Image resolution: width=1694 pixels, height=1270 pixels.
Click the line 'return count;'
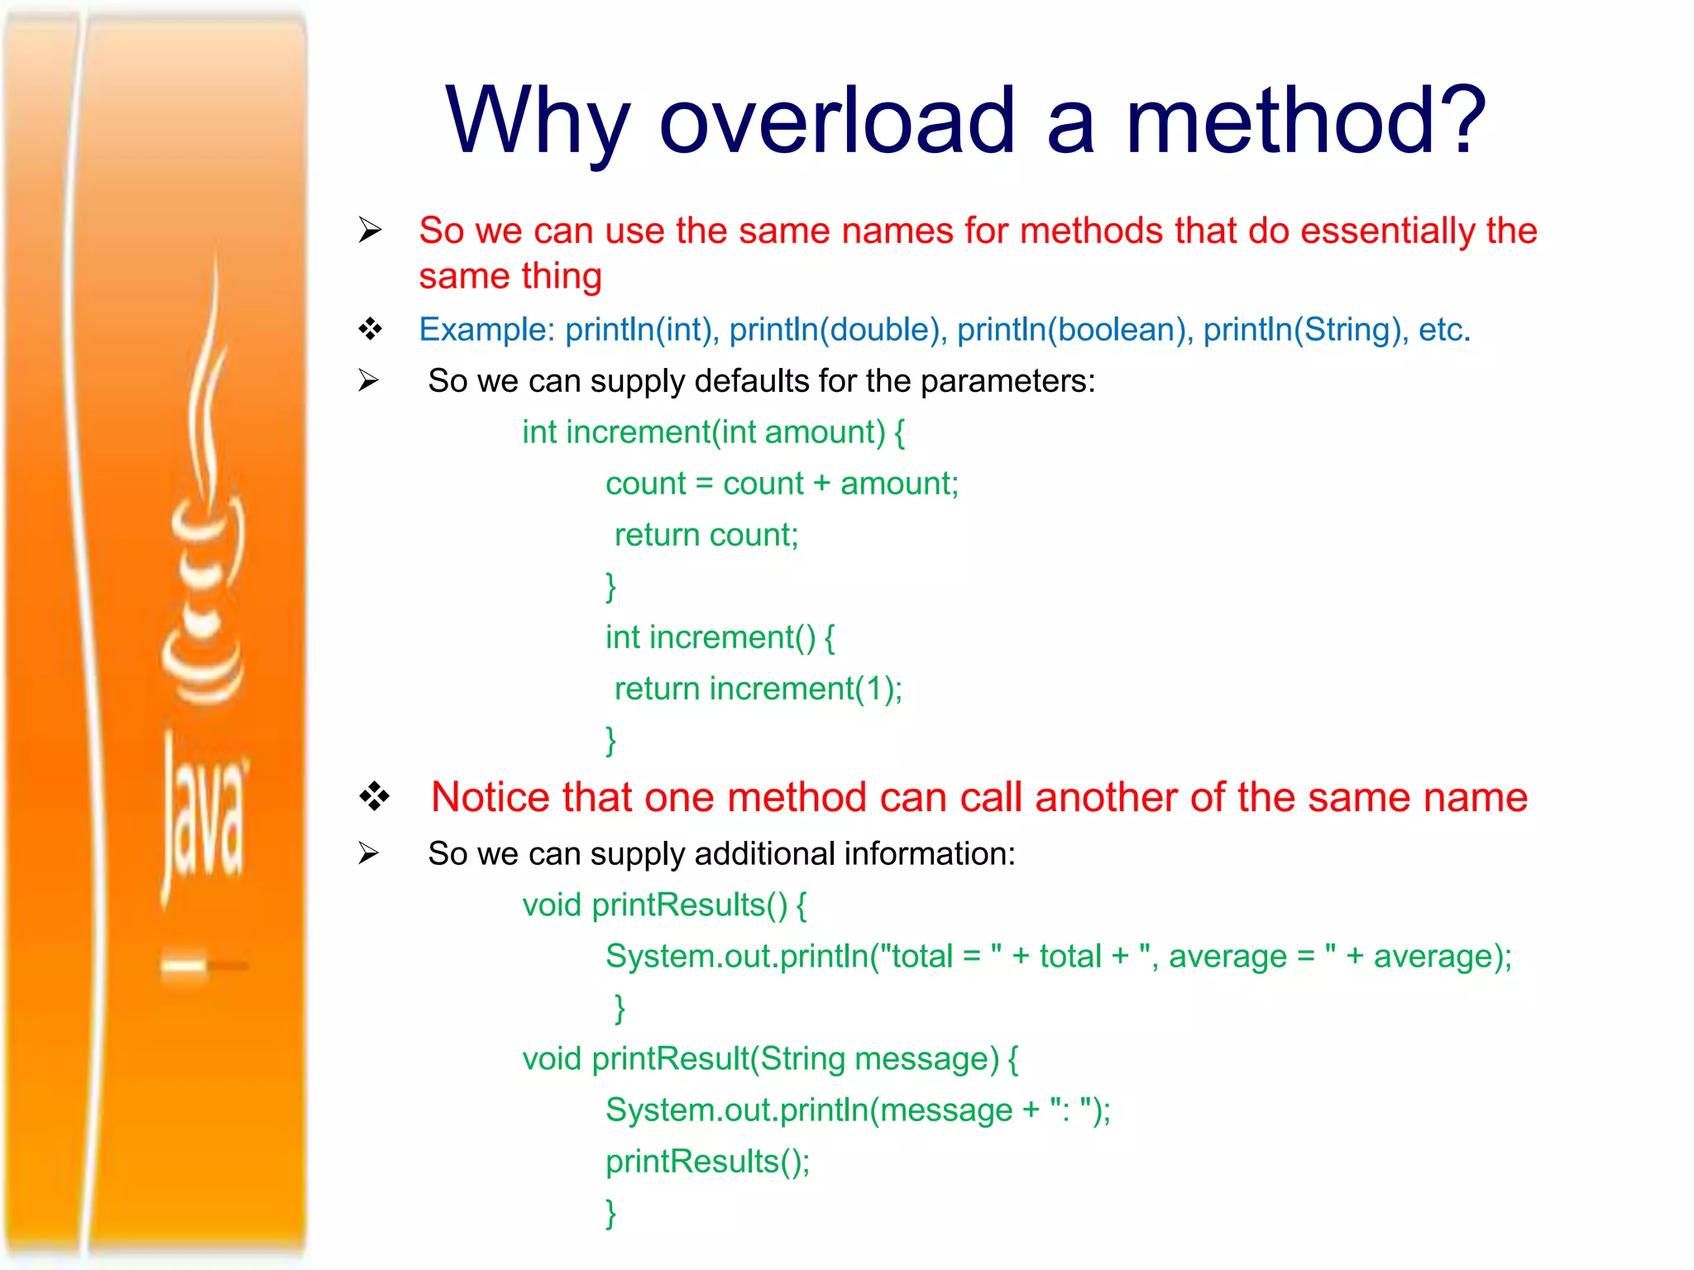click(x=706, y=535)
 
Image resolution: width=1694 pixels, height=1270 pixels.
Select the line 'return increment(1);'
click(x=758, y=689)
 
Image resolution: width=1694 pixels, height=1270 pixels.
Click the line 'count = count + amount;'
click(x=782, y=484)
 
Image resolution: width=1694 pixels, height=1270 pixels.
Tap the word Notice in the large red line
click(x=490, y=798)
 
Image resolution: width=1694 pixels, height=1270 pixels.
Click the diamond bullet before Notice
click(x=374, y=796)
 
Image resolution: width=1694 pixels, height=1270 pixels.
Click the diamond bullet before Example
click(x=370, y=329)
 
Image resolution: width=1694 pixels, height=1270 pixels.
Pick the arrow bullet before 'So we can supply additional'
click(x=368, y=853)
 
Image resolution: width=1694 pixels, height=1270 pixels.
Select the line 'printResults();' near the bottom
click(x=707, y=1162)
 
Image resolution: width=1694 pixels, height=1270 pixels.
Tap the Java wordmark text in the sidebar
click(x=202, y=814)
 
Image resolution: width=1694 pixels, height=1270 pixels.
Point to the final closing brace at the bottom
click(x=610, y=1213)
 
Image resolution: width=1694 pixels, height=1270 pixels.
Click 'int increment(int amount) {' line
click(x=713, y=432)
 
